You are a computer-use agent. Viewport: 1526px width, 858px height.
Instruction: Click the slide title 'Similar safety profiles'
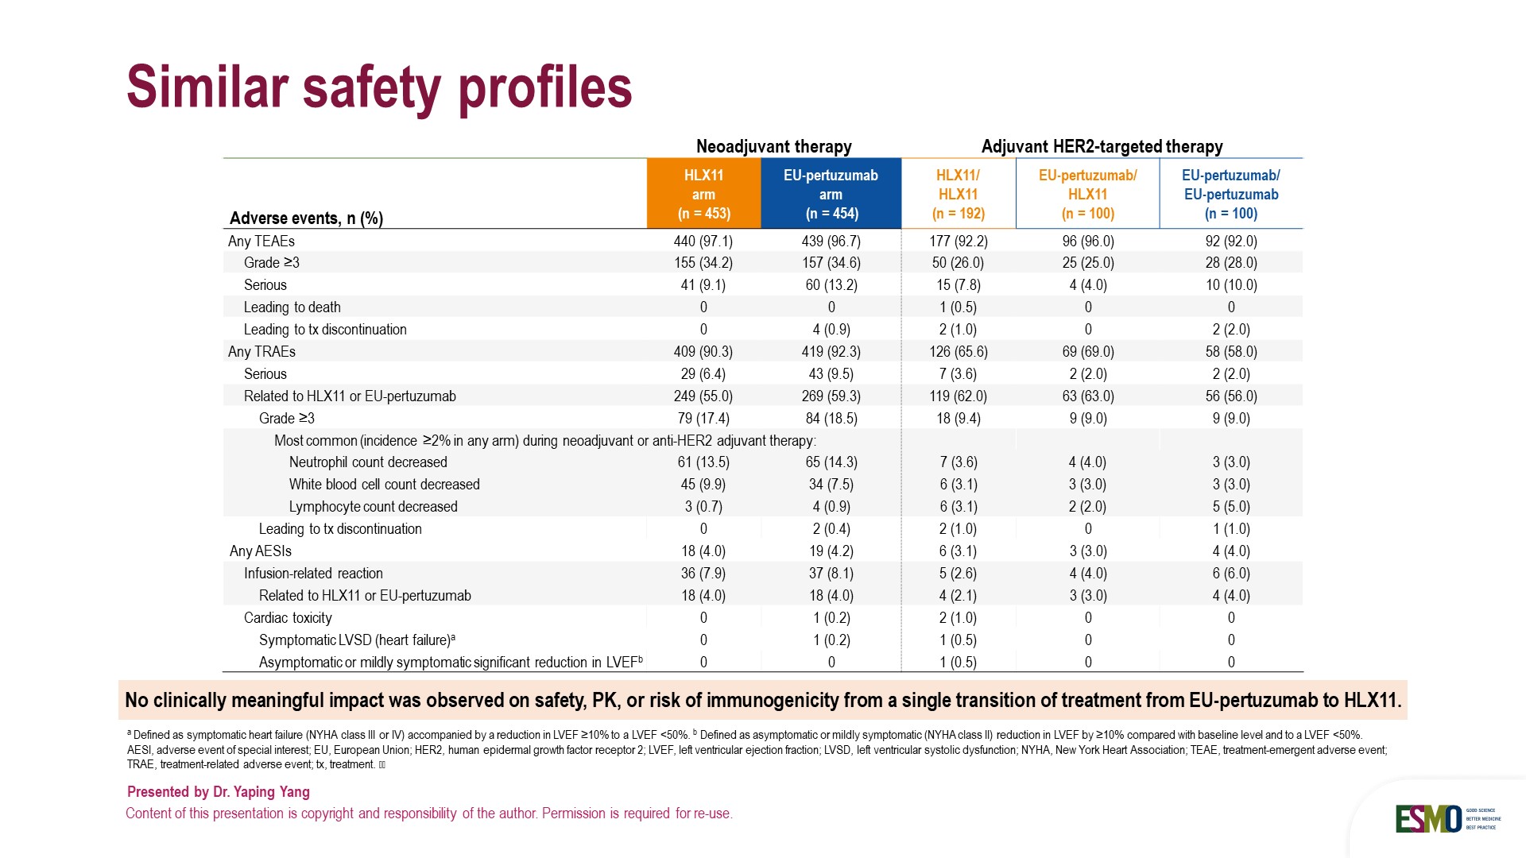(x=379, y=87)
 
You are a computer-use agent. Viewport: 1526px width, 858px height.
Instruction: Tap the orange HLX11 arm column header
(x=703, y=194)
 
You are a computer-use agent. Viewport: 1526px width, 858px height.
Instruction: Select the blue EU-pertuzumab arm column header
(x=831, y=194)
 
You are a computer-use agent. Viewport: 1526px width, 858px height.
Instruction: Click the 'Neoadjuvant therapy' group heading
(x=773, y=146)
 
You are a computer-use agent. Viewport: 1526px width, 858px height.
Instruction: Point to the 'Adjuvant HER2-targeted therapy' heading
(x=1102, y=146)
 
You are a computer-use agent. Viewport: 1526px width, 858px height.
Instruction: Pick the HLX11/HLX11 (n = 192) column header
(x=958, y=194)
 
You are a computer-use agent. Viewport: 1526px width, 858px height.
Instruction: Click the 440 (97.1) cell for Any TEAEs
(x=703, y=241)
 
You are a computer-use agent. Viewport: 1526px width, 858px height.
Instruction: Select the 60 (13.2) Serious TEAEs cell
(x=831, y=284)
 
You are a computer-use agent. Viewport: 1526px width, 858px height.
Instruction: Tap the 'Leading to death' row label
(x=292, y=307)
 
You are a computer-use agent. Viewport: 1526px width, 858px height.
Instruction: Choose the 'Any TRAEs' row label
(x=261, y=351)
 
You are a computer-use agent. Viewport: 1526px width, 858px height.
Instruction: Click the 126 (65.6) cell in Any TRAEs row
(x=958, y=351)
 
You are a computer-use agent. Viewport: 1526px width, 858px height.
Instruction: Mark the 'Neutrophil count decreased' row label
(x=368, y=462)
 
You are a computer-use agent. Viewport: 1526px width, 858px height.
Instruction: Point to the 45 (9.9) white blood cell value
(x=703, y=484)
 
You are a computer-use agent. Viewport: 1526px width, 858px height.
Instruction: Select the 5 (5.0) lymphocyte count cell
(x=1230, y=506)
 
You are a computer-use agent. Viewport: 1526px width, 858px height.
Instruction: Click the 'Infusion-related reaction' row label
(x=313, y=573)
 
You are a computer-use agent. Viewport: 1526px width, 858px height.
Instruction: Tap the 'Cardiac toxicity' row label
(x=288, y=617)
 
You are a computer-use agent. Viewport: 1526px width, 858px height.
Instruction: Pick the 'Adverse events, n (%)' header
(x=306, y=218)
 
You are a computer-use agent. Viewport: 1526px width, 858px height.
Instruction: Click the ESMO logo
(x=1428, y=818)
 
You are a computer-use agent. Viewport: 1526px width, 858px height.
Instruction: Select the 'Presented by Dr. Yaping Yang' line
(x=219, y=791)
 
